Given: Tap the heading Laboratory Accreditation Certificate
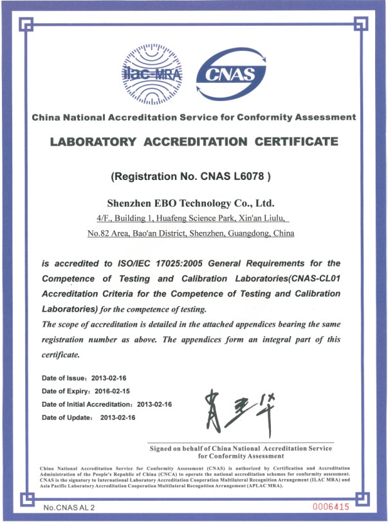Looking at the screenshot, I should pyautogui.click(x=194, y=141).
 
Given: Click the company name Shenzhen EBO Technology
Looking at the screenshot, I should pyautogui.click(x=194, y=203).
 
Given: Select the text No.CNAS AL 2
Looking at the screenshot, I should pyautogui.click(x=69, y=508).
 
